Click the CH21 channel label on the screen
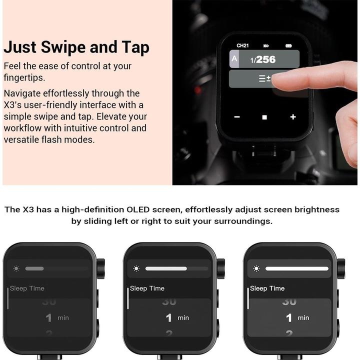(242, 45)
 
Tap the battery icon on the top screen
(288, 45)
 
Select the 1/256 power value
(263, 59)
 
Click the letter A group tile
(234, 59)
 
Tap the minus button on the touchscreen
(237, 117)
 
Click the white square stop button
(264, 117)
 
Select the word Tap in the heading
(135, 47)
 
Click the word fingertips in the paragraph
(24, 78)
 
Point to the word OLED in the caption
(138, 209)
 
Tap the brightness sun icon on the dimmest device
(16, 268)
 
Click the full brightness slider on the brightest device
(297, 268)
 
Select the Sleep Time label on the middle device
(147, 288)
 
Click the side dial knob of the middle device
(221, 268)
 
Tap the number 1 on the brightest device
(289, 318)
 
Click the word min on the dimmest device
(63, 318)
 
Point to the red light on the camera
(198, 90)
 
